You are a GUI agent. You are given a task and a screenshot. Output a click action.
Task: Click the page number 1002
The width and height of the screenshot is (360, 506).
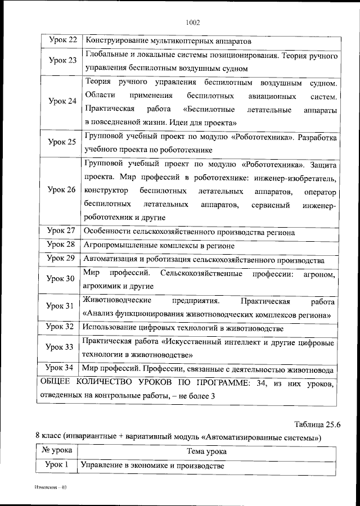192,22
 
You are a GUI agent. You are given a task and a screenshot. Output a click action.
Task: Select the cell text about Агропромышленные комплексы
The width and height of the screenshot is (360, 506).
159,246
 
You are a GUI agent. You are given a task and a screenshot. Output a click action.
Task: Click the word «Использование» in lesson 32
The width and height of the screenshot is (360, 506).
107,328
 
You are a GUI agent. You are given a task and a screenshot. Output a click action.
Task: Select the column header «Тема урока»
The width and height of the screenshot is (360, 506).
208,451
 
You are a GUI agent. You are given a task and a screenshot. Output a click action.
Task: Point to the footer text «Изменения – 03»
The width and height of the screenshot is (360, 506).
50,487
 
